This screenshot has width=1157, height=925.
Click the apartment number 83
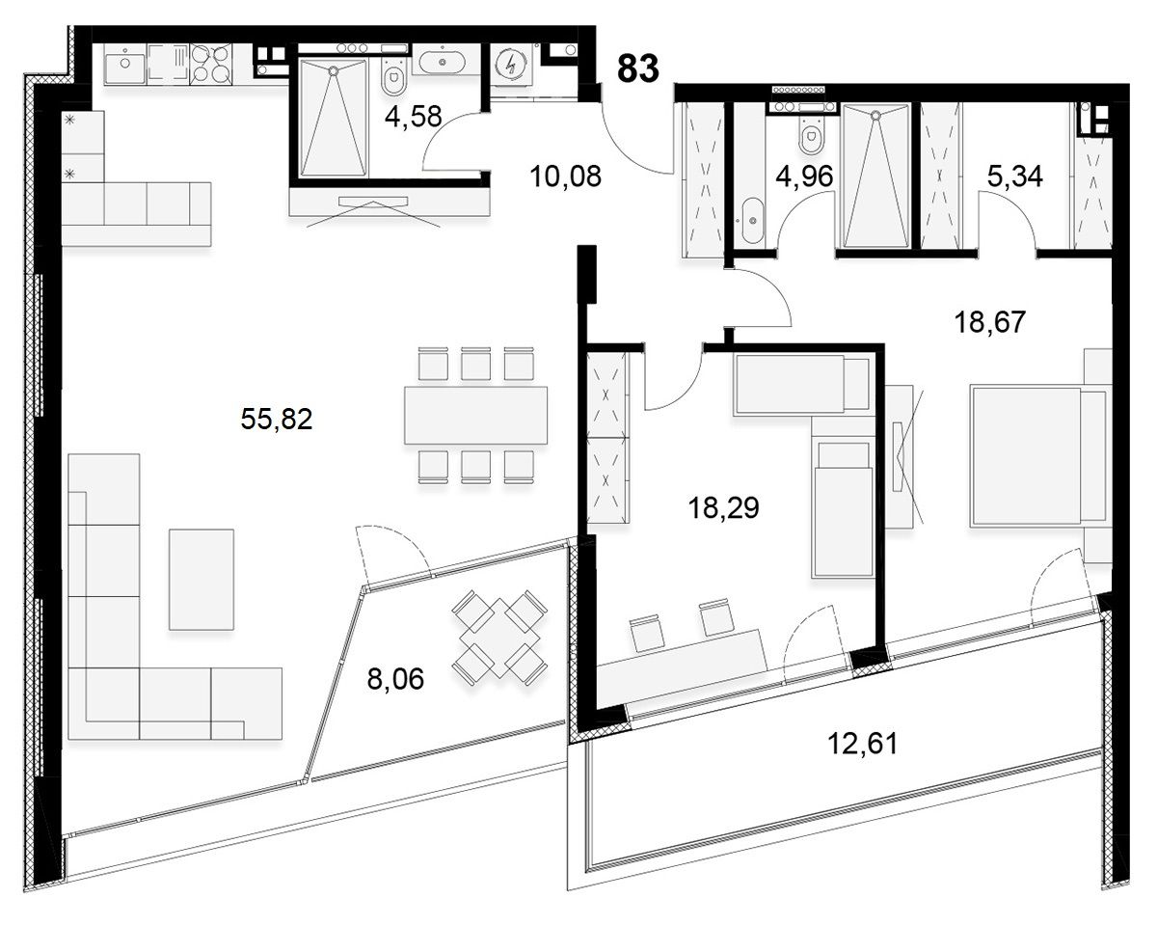click(637, 68)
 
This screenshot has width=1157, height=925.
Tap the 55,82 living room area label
click(277, 419)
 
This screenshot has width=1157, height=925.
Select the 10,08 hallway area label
click(565, 177)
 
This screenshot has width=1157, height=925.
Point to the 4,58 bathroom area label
click(414, 116)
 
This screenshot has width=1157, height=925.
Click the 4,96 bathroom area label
click(804, 176)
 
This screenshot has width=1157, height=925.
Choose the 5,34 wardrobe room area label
click(1015, 176)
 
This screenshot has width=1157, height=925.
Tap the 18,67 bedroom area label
click(990, 322)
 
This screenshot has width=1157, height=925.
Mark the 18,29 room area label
click(724, 507)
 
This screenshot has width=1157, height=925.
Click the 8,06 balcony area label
click(395, 679)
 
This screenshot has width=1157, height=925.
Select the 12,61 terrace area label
click(862, 745)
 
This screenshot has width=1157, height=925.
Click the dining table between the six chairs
click(475, 415)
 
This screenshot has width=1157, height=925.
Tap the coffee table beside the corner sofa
click(202, 579)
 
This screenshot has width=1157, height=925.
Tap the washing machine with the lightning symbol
click(511, 66)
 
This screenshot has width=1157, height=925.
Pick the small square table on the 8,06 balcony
click(500, 639)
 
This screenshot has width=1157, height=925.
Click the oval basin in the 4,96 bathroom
click(752, 221)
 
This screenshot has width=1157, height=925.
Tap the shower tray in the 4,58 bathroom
click(334, 119)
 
